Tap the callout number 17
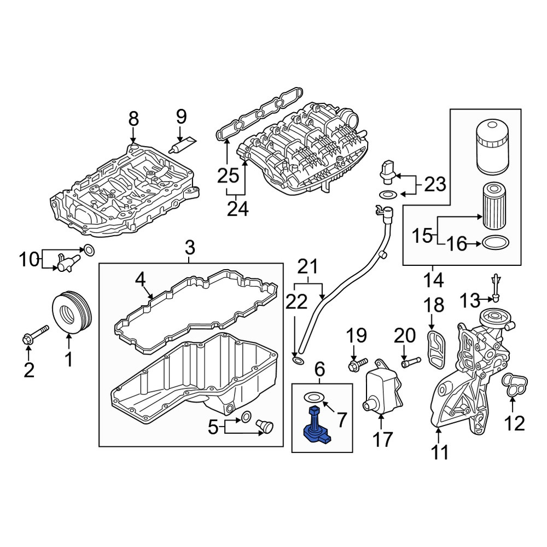(x=383, y=439)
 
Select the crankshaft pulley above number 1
(x=72, y=312)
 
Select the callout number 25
(x=228, y=176)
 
